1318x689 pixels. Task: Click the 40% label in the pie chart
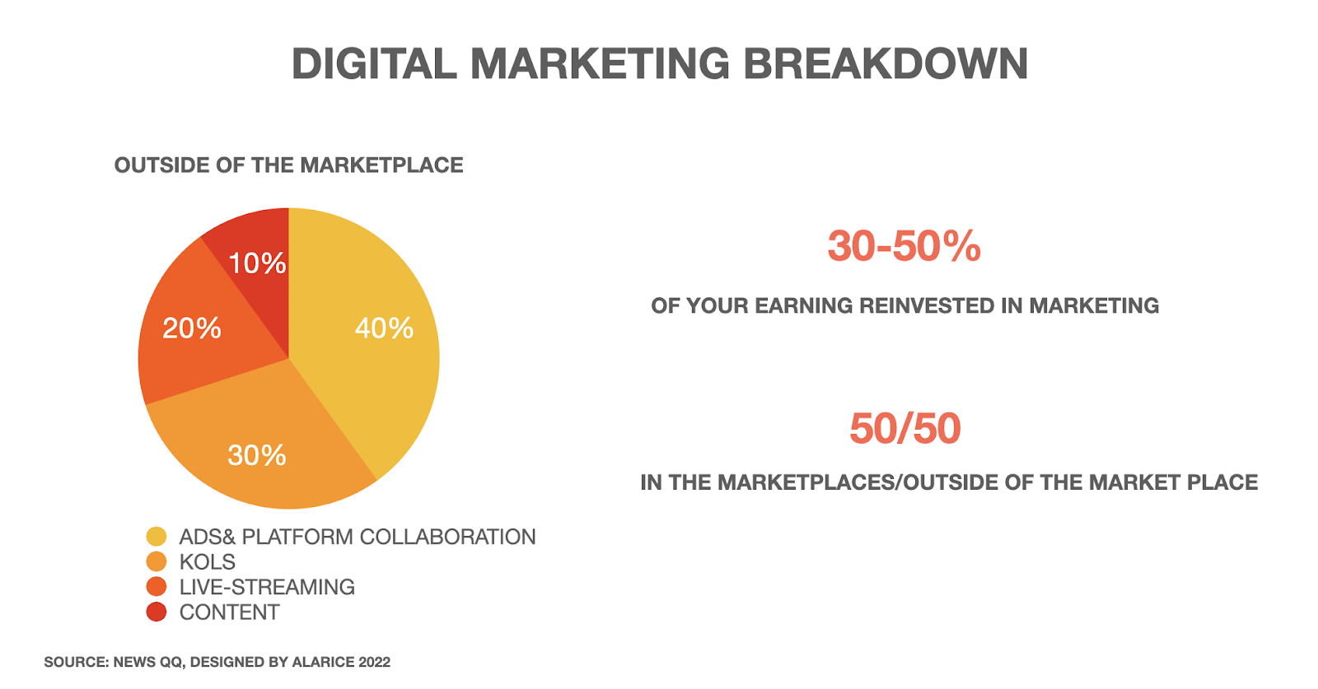tap(384, 328)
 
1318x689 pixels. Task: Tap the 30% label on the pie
tap(257, 455)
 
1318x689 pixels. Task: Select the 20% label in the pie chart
tap(192, 328)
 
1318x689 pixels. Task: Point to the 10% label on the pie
tap(257, 263)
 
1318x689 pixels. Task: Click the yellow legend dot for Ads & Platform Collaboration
tap(157, 537)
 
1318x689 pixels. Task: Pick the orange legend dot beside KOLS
tap(157, 562)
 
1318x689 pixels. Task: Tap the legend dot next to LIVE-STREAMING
tap(157, 587)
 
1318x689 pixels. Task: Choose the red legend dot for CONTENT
tap(157, 612)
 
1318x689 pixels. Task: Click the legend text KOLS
tap(207, 562)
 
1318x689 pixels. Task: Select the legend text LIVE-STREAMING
tap(267, 587)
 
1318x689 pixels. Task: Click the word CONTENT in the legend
tap(230, 612)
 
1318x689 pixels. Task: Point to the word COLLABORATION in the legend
tap(448, 537)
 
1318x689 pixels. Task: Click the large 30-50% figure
tap(904, 246)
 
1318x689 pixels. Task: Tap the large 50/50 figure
tap(905, 428)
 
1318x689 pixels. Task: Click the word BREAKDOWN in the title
tap(886, 63)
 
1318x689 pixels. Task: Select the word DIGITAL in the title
tap(374, 63)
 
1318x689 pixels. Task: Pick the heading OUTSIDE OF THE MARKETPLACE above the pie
tap(289, 165)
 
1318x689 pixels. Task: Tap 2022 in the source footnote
tap(374, 662)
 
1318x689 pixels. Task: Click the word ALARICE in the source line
tap(323, 662)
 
